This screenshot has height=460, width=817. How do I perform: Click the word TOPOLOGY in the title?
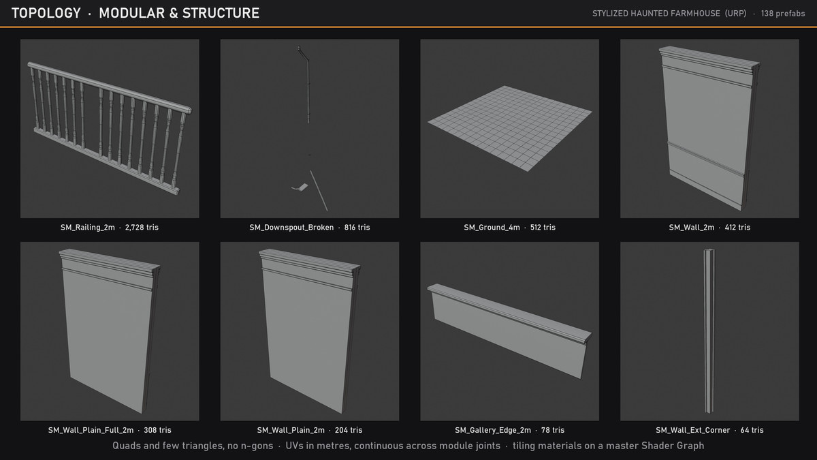pyautogui.click(x=46, y=13)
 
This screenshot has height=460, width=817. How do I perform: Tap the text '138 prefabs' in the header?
pyautogui.click(x=783, y=14)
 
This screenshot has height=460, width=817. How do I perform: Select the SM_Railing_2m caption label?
pyautogui.click(x=88, y=228)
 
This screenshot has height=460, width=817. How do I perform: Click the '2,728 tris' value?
pyautogui.click(x=142, y=228)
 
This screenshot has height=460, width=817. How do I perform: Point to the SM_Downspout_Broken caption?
pyautogui.click(x=291, y=228)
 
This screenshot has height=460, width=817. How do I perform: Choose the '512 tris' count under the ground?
pyautogui.click(x=543, y=228)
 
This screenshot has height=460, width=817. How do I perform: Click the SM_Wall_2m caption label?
pyautogui.click(x=692, y=228)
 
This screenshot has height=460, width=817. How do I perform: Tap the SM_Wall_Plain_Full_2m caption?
pyautogui.click(x=91, y=430)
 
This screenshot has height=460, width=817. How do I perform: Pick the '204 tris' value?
pyautogui.click(x=349, y=430)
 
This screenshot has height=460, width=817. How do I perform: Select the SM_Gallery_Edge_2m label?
pyautogui.click(x=493, y=430)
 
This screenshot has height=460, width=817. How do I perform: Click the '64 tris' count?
pyautogui.click(x=752, y=430)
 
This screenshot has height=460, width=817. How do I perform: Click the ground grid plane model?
pyautogui.click(x=509, y=128)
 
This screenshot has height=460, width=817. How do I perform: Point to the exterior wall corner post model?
pyautogui.click(x=709, y=331)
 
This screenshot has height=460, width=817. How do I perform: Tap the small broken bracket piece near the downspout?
pyautogui.click(x=301, y=187)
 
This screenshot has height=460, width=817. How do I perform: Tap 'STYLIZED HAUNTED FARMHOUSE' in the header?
pyautogui.click(x=656, y=14)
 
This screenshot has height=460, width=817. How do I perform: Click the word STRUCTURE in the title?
pyautogui.click(x=221, y=13)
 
